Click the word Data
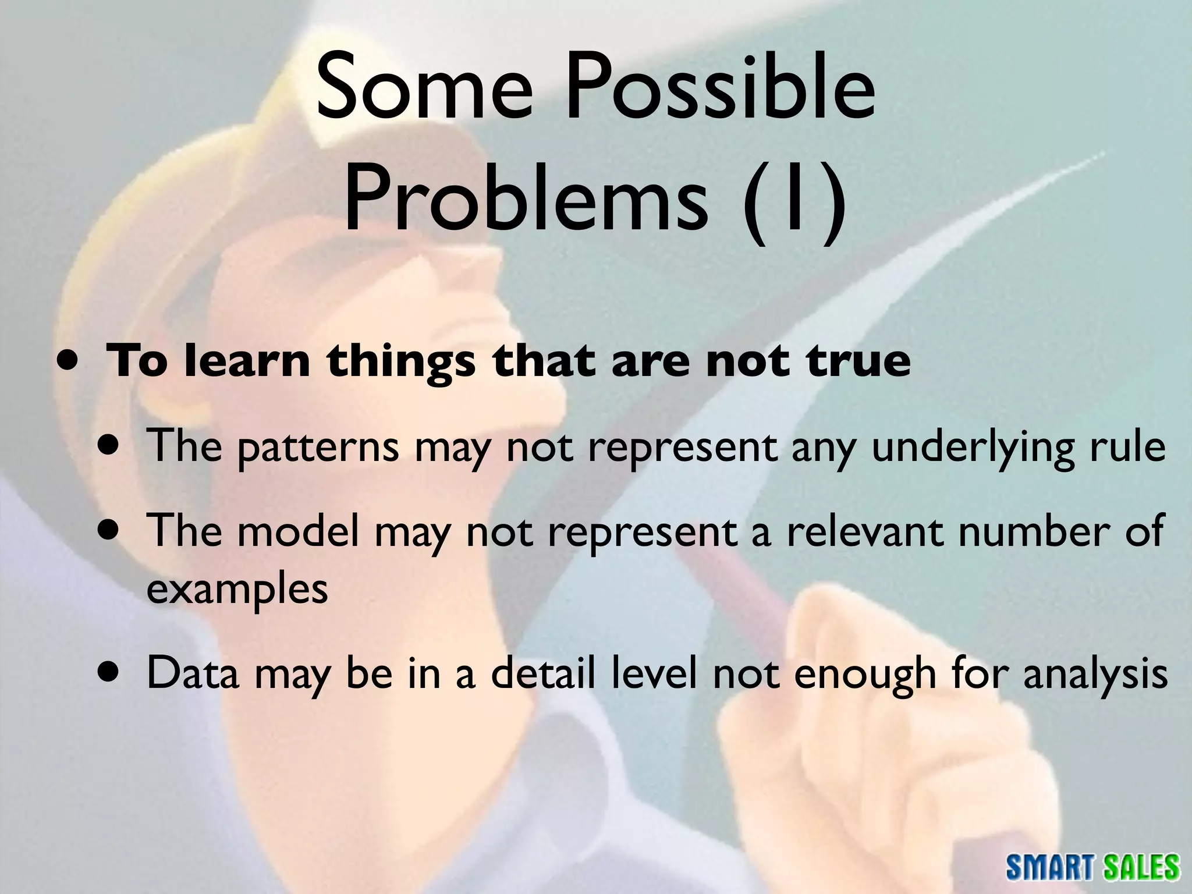tap(193, 673)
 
